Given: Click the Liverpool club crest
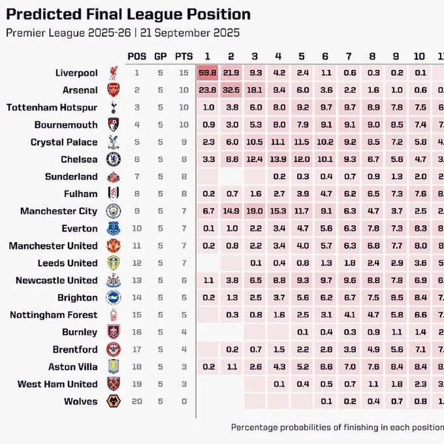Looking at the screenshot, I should tap(112, 73).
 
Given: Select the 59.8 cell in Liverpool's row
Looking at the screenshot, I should tap(208, 73).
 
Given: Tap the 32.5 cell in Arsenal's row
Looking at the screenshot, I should tap(231, 90).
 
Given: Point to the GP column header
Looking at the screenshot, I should tap(161, 56).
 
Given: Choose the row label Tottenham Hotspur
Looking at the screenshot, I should tap(52, 108).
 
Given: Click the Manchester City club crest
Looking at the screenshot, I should tap(112, 211).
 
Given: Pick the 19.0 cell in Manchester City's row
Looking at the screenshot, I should tap(255, 211).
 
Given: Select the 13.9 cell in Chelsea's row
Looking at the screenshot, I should tap(279, 159).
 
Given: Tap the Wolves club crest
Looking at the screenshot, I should tap(112, 402).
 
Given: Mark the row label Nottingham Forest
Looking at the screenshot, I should tap(54, 315).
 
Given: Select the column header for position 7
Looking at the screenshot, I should tap(348, 56).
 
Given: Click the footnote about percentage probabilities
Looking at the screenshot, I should tap(336, 427).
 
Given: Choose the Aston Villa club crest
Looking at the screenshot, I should tap(112, 367).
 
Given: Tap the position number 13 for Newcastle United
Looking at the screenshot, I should tap(137, 281).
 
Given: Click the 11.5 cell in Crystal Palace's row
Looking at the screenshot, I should tap(302, 142).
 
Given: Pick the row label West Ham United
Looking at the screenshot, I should tap(58, 384).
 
